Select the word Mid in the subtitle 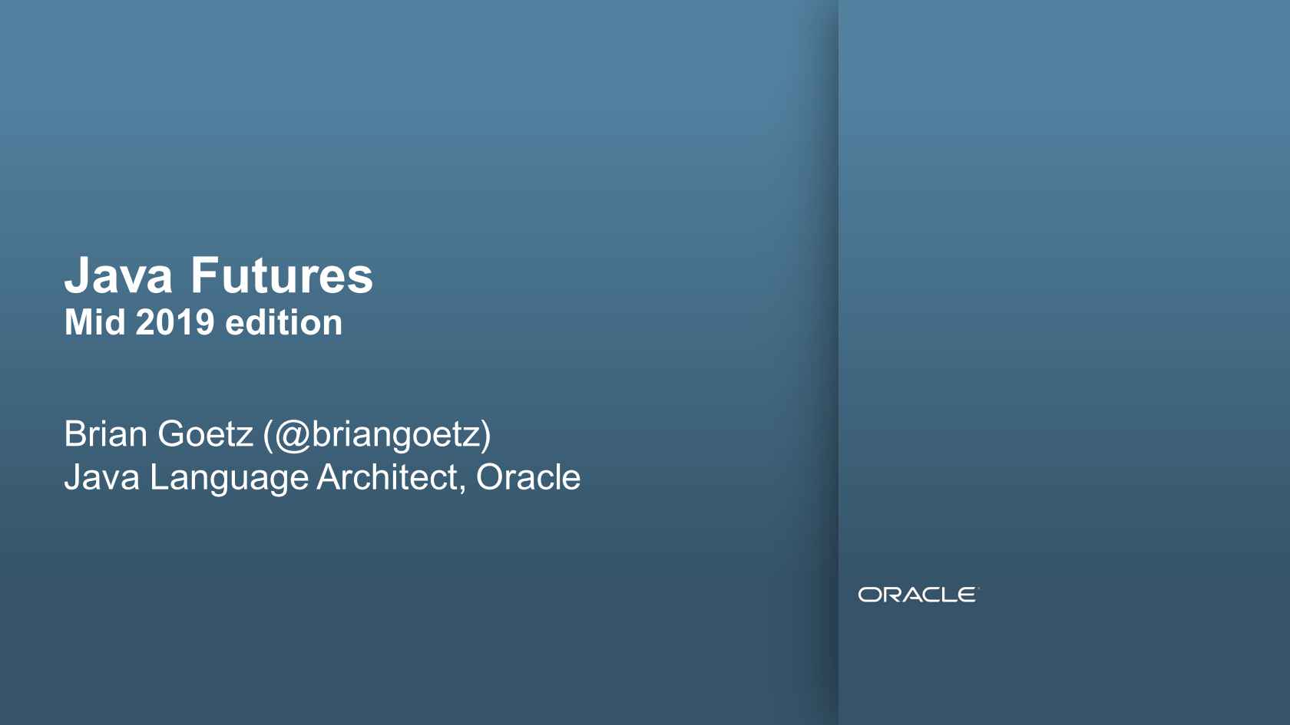pyautogui.click(x=94, y=322)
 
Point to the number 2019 pyautogui.click(x=175, y=322)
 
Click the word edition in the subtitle pyautogui.click(x=284, y=322)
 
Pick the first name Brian pyautogui.click(x=106, y=433)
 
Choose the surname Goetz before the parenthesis pyautogui.click(x=206, y=433)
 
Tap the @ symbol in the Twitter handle pyautogui.click(x=293, y=435)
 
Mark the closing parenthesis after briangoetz pyautogui.click(x=485, y=436)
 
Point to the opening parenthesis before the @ pyautogui.click(x=269, y=436)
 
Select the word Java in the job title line pyautogui.click(x=102, y=477)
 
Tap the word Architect pyautogui.click(x=387, y=477)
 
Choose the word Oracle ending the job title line pyautogui.click(x=528, y=477)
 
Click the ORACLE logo pyautogui.click(x=918, y=595)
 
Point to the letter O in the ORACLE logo pyautogui.click(x=868, y=595)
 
